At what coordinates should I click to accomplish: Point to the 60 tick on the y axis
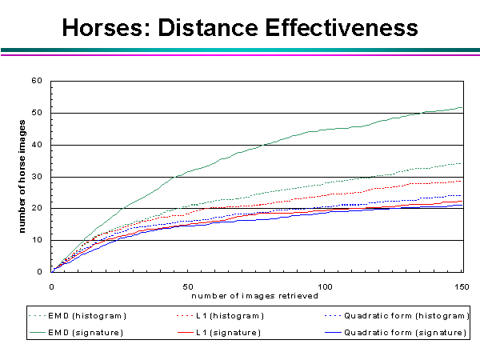coord(36,81)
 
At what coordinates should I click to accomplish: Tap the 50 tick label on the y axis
coord(36,113)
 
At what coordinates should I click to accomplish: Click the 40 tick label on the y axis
coord(36,145)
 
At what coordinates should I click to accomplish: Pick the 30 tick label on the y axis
coord(36,177)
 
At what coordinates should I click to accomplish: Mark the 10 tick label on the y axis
coord(36,240)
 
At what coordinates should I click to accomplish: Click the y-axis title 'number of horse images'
coord(23,177)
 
